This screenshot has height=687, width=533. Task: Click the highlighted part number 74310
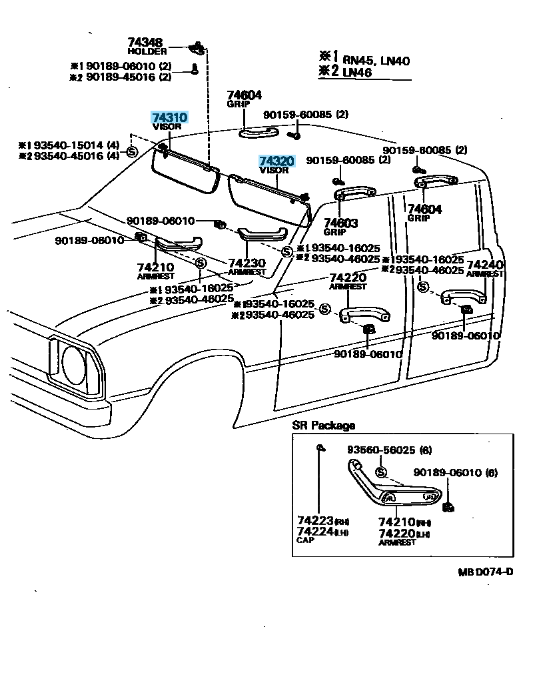[169, 117]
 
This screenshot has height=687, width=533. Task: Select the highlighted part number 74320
[276, 161]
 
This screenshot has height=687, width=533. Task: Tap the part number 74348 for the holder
[145, 43]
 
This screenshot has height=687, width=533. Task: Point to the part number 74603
[340, 223]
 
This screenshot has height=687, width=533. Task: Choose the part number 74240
[484, 265]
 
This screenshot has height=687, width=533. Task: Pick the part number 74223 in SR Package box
[315, 520]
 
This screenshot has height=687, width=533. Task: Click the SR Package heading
[323, 426]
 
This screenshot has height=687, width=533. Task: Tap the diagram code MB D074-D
[485, 572]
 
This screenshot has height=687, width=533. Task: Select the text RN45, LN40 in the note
[376, 61]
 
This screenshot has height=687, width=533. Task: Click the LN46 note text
[358, 72]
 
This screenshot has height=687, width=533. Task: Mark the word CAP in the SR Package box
[304, 541]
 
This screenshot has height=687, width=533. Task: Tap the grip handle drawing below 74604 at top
[258, 131]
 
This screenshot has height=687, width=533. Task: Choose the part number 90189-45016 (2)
[121, 77]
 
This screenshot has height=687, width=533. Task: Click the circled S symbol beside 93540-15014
[131, 151]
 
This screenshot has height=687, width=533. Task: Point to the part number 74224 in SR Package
[315, 532]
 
